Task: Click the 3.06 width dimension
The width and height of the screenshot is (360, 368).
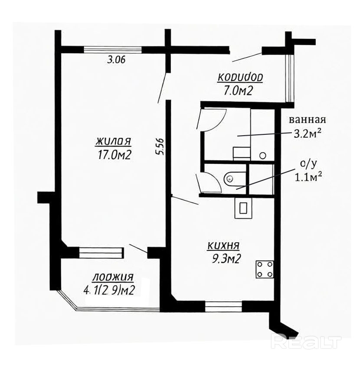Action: pos(116,60)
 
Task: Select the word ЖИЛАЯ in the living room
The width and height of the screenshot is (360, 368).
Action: pos(114,141)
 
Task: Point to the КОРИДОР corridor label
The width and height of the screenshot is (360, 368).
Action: pos(240,78)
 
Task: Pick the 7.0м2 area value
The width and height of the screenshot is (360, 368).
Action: pos(238,91)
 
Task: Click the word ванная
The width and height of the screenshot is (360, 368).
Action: pos(308,120)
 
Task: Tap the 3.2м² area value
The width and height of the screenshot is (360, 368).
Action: pos(308,134)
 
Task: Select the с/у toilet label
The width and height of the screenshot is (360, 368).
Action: pos(308,165)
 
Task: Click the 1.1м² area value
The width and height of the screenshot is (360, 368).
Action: pos(308,177)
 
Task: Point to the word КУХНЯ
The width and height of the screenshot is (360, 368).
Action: pos(223,246)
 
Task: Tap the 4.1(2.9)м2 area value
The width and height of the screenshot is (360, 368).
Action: pos(109,291)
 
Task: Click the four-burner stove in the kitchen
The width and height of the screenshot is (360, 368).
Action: pos(265,270)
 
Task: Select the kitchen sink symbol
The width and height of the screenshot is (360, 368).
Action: pos(243,208)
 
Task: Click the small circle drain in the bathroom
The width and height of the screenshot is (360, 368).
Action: pos(263,155)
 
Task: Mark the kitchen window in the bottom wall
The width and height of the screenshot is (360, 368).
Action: pos(223,306)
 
